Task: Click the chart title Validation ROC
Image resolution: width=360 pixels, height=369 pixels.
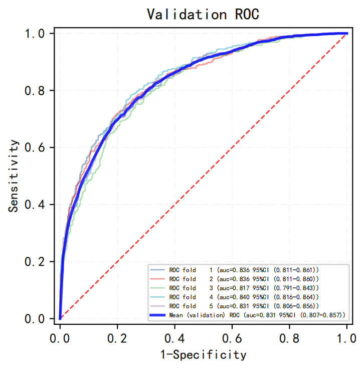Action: [x=203, y=14]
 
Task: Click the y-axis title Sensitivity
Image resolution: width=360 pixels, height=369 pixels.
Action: [x=15, y=175]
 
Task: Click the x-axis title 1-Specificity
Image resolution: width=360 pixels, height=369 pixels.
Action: [x=203, y=355]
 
